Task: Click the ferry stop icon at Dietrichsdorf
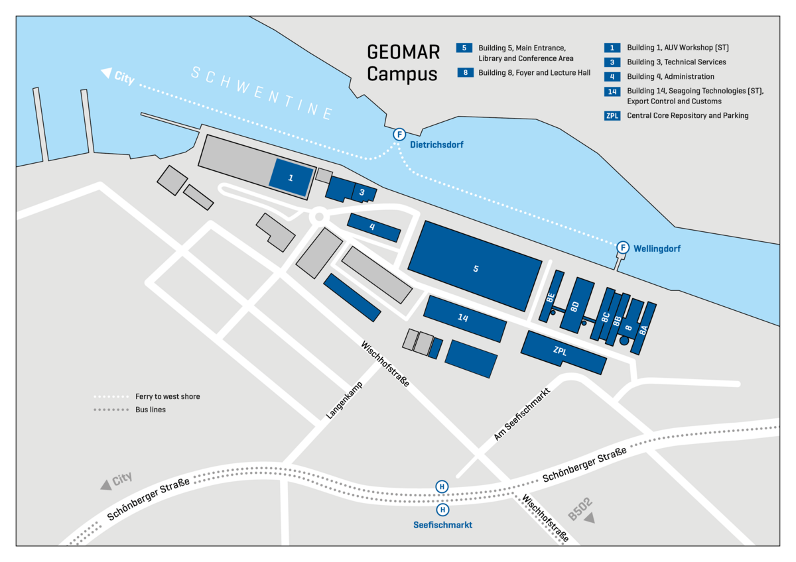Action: point(399,135)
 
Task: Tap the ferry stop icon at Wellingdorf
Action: point(622,248)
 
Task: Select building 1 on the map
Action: point(291,178)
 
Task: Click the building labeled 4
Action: point(373,227)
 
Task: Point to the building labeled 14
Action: point(464,319)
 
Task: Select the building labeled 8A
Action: point(644,328)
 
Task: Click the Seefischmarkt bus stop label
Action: point(442,524)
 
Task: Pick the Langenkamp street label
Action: point(345,400)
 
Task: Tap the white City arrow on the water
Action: point(105,73)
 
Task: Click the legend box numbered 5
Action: point(464,48)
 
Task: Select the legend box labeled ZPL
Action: point(612,115)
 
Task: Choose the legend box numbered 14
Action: point(612,91)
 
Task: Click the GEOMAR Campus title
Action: point(403,63)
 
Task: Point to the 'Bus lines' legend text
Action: point(150,410)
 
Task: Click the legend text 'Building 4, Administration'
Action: point(671,76)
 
